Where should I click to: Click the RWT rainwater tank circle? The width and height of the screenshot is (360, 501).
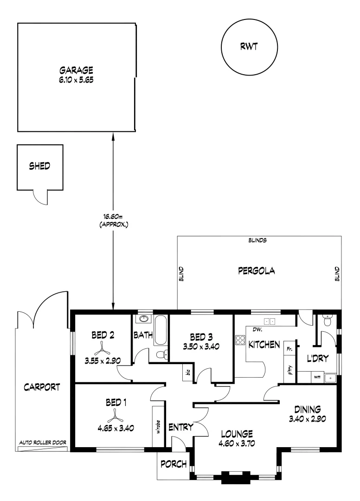click(249, 47)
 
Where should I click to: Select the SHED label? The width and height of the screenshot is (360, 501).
click(39, 166)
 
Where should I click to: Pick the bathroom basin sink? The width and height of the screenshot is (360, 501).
click(144, 319)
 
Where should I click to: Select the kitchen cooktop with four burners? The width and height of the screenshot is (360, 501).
click(240, 340)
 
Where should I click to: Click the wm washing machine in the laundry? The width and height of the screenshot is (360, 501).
click(317, 377)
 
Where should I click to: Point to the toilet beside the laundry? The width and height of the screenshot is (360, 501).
click(328, 321)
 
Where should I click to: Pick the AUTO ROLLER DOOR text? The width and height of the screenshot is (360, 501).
click(42, 443)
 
